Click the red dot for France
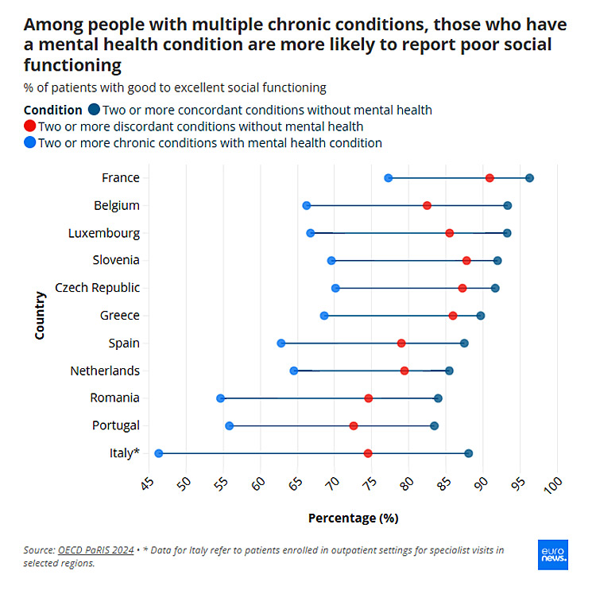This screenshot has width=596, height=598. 490,178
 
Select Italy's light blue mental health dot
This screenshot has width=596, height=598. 158,453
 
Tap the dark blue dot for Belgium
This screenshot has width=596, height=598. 508,206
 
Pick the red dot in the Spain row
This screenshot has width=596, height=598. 401,344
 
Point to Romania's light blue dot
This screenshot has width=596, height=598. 220,398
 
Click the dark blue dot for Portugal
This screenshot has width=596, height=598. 434,426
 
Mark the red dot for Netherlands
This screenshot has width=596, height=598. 404,371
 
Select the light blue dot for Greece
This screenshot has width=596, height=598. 324,316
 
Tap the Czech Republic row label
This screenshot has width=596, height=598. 97,288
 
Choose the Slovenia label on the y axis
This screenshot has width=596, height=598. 116,260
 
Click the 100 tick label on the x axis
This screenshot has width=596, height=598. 553,484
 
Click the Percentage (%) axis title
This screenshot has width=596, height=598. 353,518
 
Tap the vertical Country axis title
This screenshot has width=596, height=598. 40,316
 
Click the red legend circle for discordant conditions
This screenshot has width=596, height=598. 30,126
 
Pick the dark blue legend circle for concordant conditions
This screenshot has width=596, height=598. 94,111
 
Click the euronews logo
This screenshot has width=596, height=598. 553,554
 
